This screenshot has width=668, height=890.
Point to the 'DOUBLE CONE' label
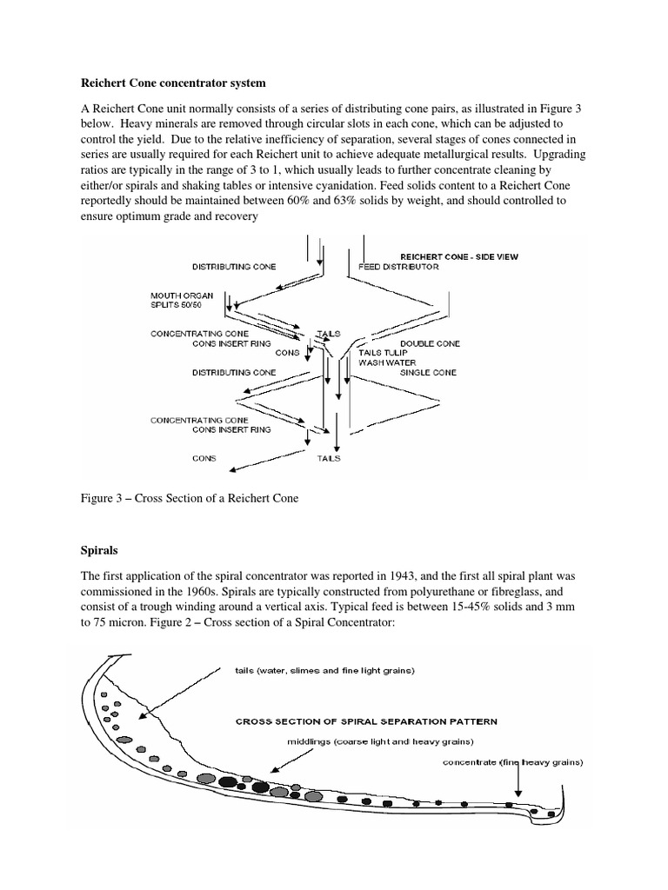point(430,343)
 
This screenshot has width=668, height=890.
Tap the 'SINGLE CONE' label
point(429,372)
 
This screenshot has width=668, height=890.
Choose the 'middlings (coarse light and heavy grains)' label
point(379,742)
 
